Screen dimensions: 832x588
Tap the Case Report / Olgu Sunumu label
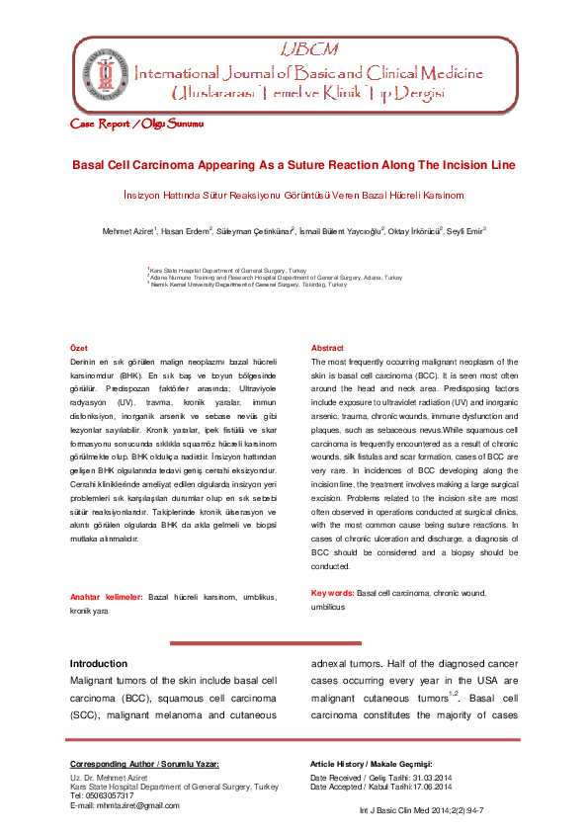(137, 125)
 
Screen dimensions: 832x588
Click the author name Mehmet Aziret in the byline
(129, 231)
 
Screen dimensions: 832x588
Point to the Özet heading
(78, 349)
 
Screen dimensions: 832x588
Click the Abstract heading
(328, 349)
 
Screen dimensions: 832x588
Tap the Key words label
(332, 593)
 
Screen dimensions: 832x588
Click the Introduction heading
(99, 663)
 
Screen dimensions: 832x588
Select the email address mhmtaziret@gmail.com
(125, 806)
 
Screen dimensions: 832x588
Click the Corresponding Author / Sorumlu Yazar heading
(144, 764)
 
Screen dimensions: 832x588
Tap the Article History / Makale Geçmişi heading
(373, 764)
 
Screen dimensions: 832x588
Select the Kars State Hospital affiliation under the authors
(216, 270)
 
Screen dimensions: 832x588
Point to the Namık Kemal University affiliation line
(248, 285)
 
